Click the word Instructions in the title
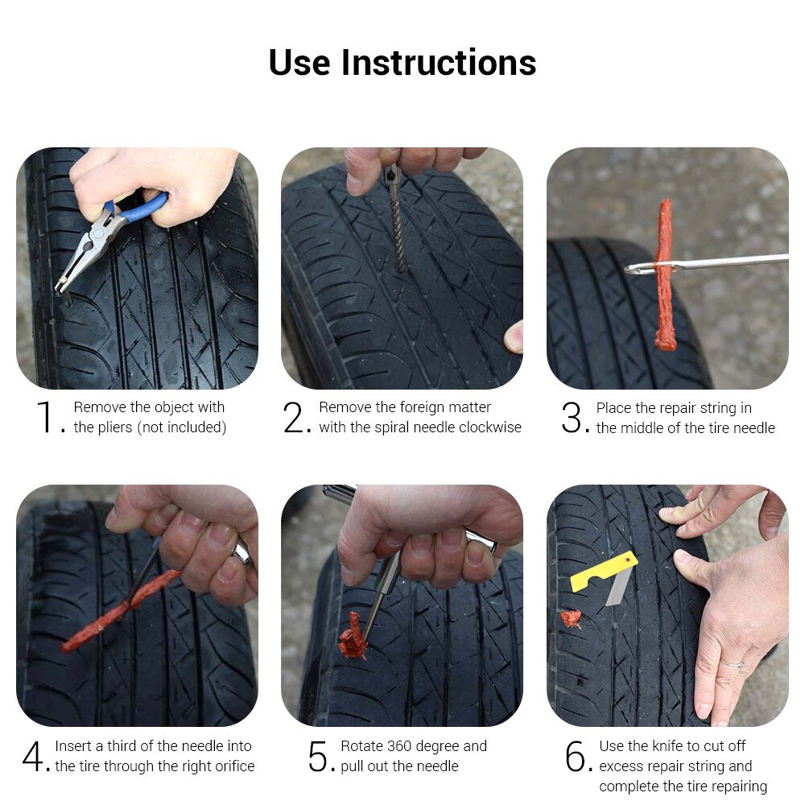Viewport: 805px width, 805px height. (439, 63)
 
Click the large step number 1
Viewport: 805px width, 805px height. (46, 417)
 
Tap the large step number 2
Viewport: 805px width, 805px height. (294, 417)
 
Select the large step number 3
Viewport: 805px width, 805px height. (572, 417)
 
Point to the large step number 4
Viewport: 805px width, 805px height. (33, 756)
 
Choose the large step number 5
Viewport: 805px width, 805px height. (318, 756)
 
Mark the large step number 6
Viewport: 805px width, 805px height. (576, 756)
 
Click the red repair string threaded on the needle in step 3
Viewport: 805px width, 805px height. (664, 275)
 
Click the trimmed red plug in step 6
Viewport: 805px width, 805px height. (571, 618)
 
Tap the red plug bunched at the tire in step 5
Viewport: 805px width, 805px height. (353, 637)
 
